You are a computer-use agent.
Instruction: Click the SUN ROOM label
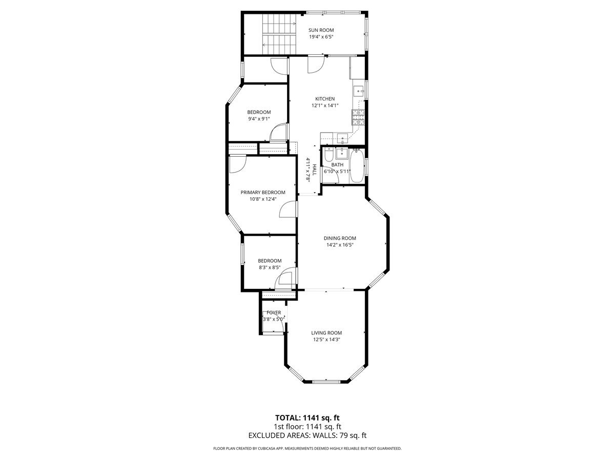point(321,30)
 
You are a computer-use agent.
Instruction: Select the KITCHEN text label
point(324,99)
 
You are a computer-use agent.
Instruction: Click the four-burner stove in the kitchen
point(358,118)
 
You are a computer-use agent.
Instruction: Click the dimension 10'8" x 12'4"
point(262,199)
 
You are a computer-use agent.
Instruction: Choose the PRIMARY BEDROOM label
point(263,193)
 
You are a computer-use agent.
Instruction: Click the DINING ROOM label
point(339,238)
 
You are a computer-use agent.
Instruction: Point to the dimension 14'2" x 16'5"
point(339,245)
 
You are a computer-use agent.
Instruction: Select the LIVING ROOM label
point(326,332)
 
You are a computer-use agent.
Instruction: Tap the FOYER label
point(273,312)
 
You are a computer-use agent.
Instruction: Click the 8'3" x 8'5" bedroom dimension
point(269,267)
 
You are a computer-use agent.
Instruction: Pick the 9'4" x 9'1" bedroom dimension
point(259,119)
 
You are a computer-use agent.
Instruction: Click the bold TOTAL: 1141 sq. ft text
point(307,417)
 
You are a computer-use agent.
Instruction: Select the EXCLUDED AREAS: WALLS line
point(307,435)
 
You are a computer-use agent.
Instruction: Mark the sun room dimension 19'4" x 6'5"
point(321,37)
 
